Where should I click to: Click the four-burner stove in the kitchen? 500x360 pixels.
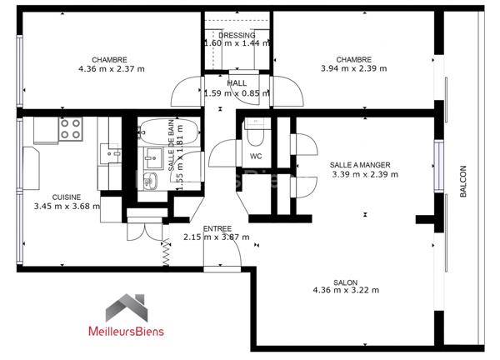(71, 129)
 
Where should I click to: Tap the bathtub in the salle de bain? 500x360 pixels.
(169, 131)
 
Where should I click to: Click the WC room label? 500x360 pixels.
(256, 156)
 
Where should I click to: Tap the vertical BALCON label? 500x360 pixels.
(463, 181)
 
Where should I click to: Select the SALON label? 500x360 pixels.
(346, 281)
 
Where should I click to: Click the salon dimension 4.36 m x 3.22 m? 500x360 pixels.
(346, 290)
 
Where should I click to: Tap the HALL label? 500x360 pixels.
(237, 83)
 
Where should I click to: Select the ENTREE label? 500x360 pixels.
(218, 227)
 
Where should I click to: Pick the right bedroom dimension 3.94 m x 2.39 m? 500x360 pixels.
(353, 69)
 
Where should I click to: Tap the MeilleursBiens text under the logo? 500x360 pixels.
(127, 331)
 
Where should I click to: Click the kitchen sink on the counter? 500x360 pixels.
(150, 182)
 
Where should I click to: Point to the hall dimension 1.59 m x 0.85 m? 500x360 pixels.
(237, 92)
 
